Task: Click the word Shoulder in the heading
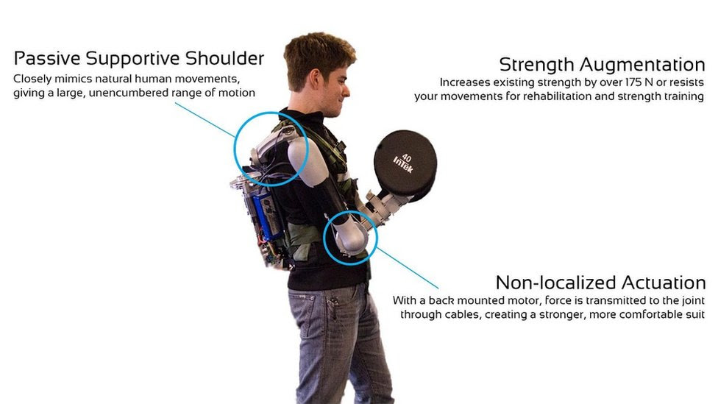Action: coord(224,58)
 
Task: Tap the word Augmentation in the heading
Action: coord(642,65)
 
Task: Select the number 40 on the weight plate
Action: coord(406,157)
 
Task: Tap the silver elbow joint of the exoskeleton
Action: coord(350,236)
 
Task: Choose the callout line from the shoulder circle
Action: coord(205,120)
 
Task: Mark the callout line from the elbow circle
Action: coord(408,268)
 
